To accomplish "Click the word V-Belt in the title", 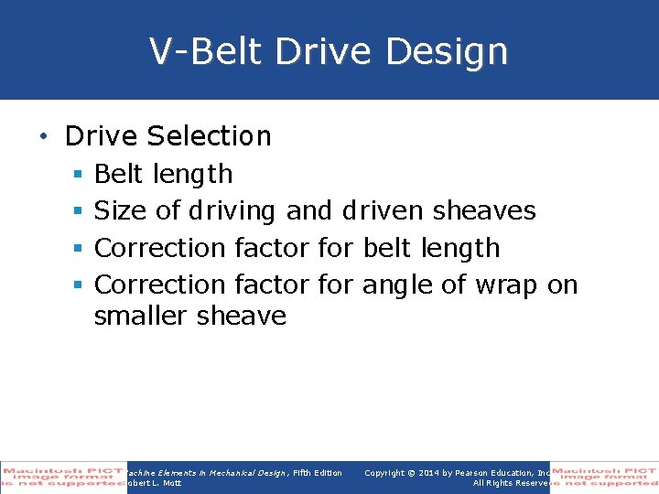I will [x=207, y=51].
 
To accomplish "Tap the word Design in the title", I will [x=447, y=51].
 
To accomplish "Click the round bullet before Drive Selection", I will [x=42, y=137].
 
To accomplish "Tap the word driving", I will [x=232, y=211].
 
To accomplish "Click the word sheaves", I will [x=484, y=211].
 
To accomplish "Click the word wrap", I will [x=506, y=285].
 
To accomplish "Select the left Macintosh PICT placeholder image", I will [x=63, y=477].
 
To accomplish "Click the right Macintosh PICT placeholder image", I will [x=604, y=477].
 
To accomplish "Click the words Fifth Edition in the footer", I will [x=317, y=472].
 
